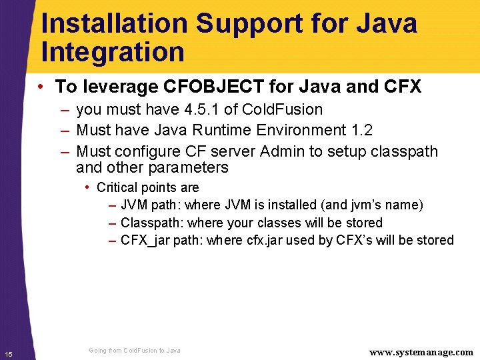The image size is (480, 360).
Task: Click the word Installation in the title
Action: coord(114,24)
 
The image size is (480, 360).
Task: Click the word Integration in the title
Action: coord(113,53)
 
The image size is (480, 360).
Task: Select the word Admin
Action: coord(283,151)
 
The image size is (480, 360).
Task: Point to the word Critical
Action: coord(118,188)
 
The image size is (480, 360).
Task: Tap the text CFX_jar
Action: coord(145,240)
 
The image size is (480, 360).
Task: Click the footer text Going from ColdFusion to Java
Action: coord(134,351)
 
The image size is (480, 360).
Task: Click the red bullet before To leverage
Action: coord(41,87)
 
